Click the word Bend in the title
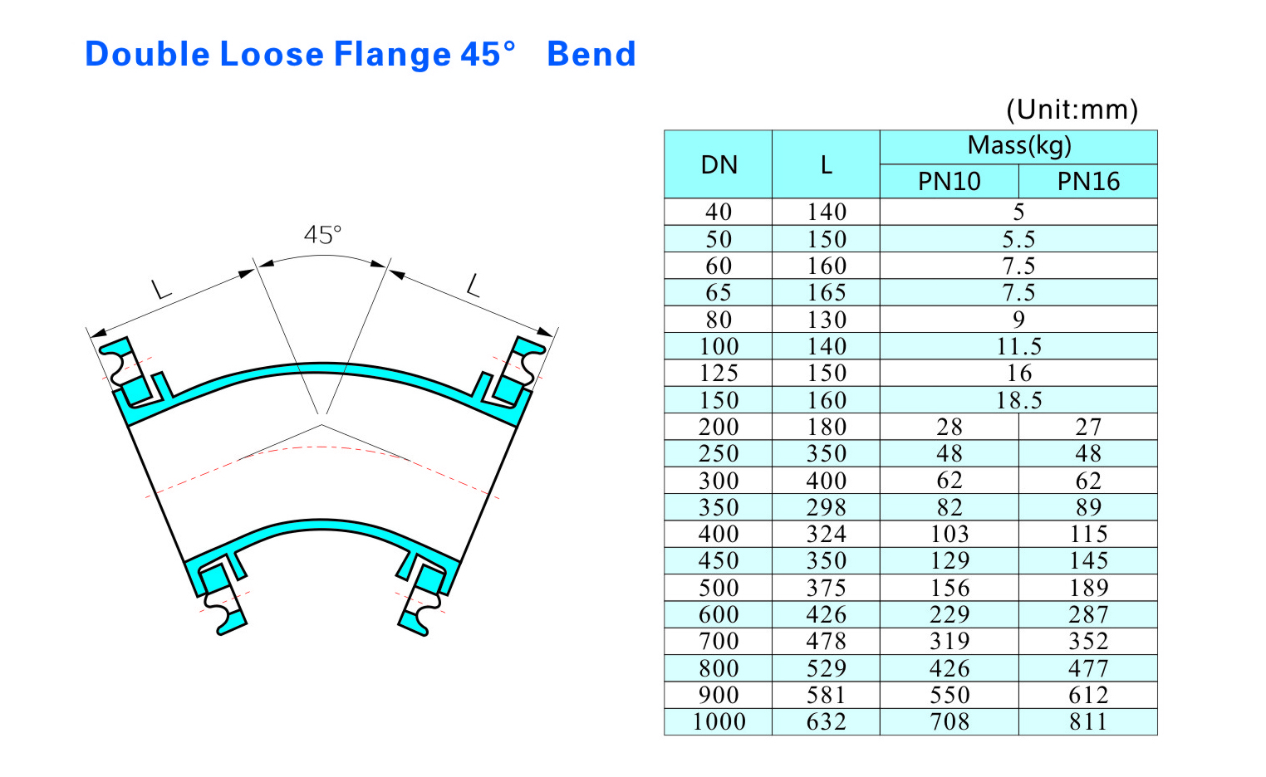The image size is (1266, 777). [591, 55]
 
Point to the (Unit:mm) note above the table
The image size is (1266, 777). [1072, 110]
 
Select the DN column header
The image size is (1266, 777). [719, 164]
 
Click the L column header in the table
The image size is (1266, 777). [826, 164]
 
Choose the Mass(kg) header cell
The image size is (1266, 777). [1018, 146]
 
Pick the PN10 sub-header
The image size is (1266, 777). [949, 181]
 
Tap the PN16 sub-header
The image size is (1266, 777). [1088, 181]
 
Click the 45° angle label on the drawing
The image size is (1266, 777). [322, 235]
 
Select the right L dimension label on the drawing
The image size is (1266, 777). [474, 286]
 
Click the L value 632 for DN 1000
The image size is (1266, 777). [826, 721]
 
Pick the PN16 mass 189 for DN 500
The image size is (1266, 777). [1088, 588]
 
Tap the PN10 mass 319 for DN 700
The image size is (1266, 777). [949, 641]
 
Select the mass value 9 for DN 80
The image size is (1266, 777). [1018, 320]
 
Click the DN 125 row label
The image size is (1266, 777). [719, 373]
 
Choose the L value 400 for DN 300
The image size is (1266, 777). [826, 481]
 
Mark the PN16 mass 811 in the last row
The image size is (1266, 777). [1088, 721]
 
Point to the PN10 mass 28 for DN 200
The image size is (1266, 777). [949, 427]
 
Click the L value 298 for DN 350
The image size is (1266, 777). [826, 507]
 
